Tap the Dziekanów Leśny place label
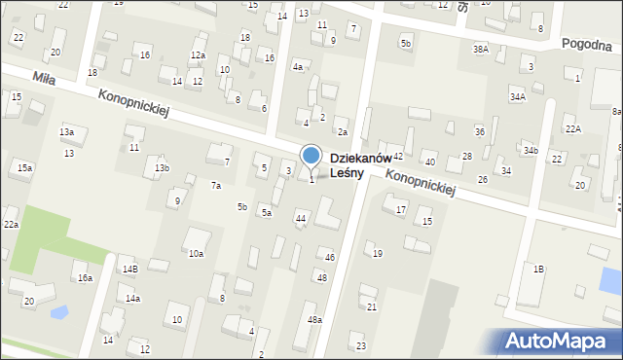pyautogui.click(x=360, y=165)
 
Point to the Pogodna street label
pyautogui.click(x=591, y=45)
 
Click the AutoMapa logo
pyautogui.click(x=561, y=341)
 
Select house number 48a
pyautogui.click(x=314, y=319)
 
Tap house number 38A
pyautogui.click(x=480, y=49)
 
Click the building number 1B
pyautogui.click(x=537, y=269)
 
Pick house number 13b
pyautogui.click(x=162, y=168)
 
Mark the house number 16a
pyautogui.click(x=86, y=279)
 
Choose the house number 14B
pyautogui.click(x=129, y=269)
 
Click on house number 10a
pyautogui.click(x=196, y=254)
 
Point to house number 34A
pyautogui.click(x=518, y=97)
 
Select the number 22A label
pyautogui.click(x=573, y=129)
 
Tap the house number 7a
pyautogui.click(x=216, y=186)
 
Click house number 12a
pyautogui.click(x=198, y=55)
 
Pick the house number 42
pyautogui.click(x=397, y=157)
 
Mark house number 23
pyautogui.click(x=361, y=346)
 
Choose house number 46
pyautogui.click(x=330, y=257)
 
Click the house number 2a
pyautogui.click(x=342, y=132)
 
